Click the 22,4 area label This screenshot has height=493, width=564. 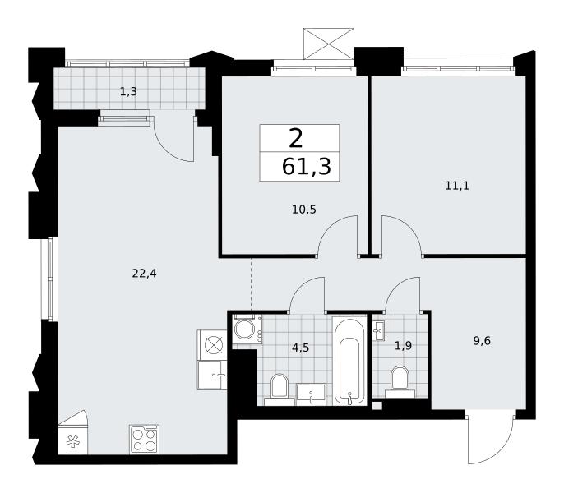[144, 274]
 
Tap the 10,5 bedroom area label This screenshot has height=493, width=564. [304, 210]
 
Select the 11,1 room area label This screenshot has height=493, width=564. [457, 186]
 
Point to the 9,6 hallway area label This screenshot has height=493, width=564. [482, 340]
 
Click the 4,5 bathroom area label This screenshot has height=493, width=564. [301, 348]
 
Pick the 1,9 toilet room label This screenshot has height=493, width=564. [403, 346]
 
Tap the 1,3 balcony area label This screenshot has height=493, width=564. [128, 92]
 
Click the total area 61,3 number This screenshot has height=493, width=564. [306, 167]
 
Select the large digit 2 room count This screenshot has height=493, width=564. [296, 139]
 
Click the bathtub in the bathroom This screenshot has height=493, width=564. [349, 361]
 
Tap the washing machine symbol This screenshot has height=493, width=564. [247, 329]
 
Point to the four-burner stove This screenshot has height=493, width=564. [144, 439]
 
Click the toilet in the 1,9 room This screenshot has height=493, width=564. [400, 382]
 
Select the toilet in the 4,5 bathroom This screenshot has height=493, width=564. [280, 389]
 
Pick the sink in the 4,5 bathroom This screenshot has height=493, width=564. [311, 394]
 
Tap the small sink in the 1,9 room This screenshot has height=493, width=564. [379, 330]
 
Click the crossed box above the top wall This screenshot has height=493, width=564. [329, 44]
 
